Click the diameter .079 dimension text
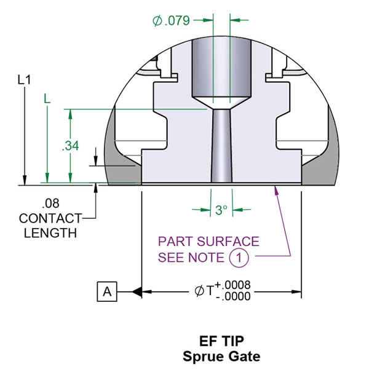[x=172, y=21]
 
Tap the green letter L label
[x=47, y=98]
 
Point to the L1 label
[x=24, y=80]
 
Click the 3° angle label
[x=221, y=210]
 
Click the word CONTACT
[x=50, y=218]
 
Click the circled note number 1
[x=239, y=257]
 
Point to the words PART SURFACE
[x=208, y=242]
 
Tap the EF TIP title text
[x=221, y=340]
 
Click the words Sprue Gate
[x=221, y=355]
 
